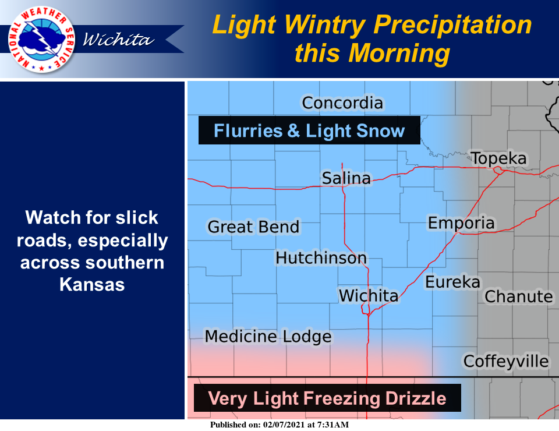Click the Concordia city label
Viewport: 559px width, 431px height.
click(342, 103)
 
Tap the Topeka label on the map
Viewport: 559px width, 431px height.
click(498, 158)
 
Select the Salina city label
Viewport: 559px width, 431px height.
click(346, 178)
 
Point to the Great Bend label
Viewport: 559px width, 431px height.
click(253, 227)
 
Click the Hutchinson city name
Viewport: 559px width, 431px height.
click(321, 258)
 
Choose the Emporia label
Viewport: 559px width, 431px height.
click(461, 224)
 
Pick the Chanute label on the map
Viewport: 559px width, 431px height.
click(519, 296)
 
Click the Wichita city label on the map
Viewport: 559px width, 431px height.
click(368, 296)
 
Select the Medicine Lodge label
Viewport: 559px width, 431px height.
click(268, 337)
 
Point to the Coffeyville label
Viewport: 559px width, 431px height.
click(506, 362)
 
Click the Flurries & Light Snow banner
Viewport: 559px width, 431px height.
click(309, 130)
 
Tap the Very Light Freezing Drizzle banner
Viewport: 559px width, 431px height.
click(327, 398)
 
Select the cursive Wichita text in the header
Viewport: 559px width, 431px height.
click(118, 40)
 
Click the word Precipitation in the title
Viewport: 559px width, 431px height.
click(452, 26)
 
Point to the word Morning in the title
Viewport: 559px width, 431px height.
click(399, 54)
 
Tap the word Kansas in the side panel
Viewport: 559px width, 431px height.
click(92, 284)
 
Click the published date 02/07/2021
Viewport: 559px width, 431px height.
click(284, 425)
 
